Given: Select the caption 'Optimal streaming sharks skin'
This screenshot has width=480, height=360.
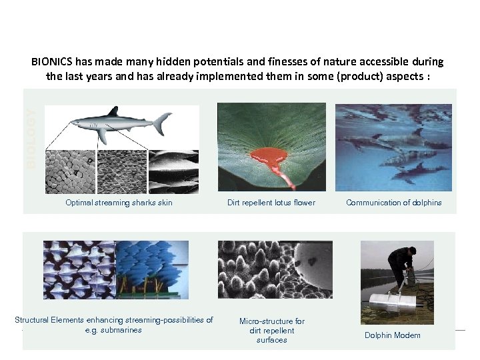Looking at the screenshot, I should click(x=119, y=203).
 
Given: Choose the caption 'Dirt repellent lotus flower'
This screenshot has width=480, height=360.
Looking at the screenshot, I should click(x=271, y=203).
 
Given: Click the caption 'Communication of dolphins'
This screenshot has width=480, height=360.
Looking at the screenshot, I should click(x=393, y=203).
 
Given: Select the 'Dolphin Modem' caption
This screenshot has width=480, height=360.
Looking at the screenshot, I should click(x=392, y=335).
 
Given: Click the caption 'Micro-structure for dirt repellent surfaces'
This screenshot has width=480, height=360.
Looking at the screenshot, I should click(x=271, y=331).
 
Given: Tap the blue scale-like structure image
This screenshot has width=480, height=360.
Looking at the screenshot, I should click(x=152, y=269).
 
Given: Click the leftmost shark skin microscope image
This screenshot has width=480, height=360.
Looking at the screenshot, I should click(x=70, y=172).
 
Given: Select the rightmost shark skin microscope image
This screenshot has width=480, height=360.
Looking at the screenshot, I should click(x=173, y=172).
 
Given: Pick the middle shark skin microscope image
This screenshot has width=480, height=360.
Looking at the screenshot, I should click(x=121, y=172).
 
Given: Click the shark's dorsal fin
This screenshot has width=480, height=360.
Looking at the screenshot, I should click(x=114, y=111).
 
